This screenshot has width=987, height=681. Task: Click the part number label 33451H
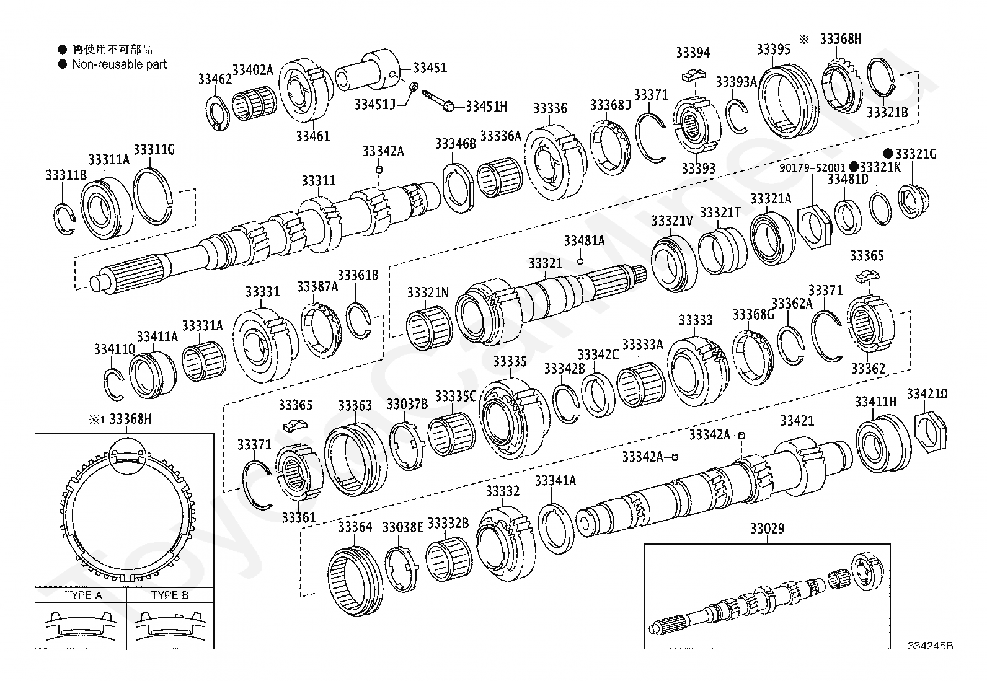click(486, 107)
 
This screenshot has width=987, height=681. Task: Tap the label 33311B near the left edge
click(66, 175)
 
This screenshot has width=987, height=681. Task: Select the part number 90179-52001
click(813, 167)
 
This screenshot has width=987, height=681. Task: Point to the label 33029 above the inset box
click(767, 529)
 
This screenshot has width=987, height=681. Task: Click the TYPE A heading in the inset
click(83, 595)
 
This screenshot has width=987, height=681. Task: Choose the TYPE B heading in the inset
click(170, 595)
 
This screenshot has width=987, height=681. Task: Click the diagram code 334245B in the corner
click(930, 646)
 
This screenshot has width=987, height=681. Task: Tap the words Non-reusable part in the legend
click(120, 64)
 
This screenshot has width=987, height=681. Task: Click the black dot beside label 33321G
click(888, 154)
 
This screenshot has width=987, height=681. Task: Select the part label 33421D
click(927, 393)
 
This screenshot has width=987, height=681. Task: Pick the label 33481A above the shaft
click(584, 240)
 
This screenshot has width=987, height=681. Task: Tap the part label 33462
click(215, 79)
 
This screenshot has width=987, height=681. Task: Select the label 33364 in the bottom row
click(355, 527)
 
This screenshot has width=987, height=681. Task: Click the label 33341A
click(555, 480)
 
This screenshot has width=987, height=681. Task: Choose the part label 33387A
click(317, 286)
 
